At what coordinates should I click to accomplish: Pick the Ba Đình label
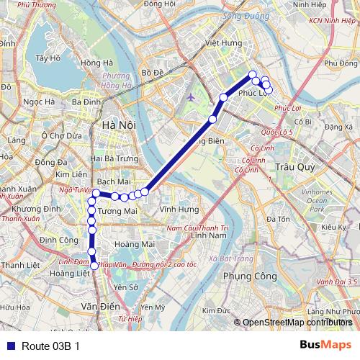point(86,102)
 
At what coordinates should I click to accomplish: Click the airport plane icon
point(189,97)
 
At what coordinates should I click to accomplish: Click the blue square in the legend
point(9,346)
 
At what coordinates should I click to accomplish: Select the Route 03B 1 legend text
point(50,346)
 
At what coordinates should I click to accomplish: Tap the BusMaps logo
point(325,345)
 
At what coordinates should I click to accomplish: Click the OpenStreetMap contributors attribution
point(297,322)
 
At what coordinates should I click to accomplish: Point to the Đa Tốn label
point(278,218)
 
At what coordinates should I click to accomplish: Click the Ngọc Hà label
point(39,102)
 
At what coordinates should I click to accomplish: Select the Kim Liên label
point(71,174)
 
